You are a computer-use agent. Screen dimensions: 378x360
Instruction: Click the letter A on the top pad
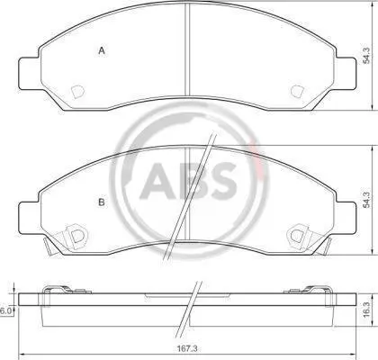pos(102,51)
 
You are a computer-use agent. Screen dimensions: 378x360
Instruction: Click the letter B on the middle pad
pos(102,202)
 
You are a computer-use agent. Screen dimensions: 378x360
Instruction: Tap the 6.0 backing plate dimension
pos(5,311)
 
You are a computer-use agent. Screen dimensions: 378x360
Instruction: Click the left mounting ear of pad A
pos(29,73)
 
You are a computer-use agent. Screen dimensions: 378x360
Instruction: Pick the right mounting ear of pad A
pos(346,73)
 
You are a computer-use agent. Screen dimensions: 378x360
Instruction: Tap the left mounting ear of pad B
pos(29,218)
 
